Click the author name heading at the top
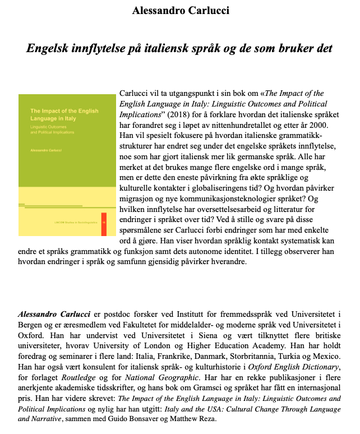(x=180, y=11)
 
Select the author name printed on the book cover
(x=45, y=151)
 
